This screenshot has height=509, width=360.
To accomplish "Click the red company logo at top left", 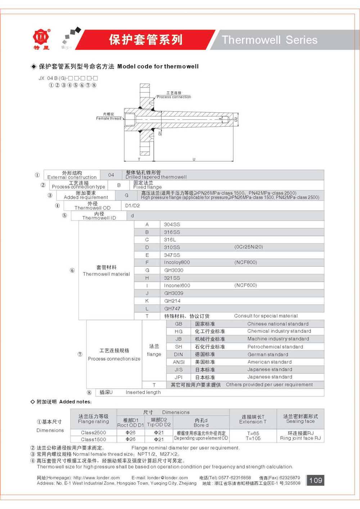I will [41, 37].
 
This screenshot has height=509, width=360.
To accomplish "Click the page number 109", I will [315, 480].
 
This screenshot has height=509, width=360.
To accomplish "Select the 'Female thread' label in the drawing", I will [108, 118].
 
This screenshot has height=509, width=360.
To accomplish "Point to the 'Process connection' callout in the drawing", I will [174, 97].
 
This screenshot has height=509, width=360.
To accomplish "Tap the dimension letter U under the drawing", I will [194, 159].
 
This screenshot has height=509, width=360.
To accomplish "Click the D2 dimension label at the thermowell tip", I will [236, 119].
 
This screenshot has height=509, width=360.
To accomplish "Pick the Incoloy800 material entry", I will [177, 262].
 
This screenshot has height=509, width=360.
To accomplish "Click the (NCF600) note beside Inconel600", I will [246, 285].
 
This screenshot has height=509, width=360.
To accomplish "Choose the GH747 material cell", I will [172, 308].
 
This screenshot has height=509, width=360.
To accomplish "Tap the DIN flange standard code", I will [179, 354].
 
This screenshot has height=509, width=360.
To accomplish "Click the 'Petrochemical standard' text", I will [275, 347].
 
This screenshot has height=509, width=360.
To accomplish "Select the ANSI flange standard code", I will [179, 362].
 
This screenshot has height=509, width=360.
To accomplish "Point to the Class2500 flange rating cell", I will [93, 433].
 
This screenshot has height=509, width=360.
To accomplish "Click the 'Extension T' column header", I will [253, 422].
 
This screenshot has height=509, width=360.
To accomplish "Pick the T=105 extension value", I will [253, 438].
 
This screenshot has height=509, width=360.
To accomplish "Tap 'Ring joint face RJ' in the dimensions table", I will [300, 438].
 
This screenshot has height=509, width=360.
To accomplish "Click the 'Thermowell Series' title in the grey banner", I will [269, 40].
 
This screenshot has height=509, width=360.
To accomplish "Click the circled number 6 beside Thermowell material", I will [72, 270].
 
